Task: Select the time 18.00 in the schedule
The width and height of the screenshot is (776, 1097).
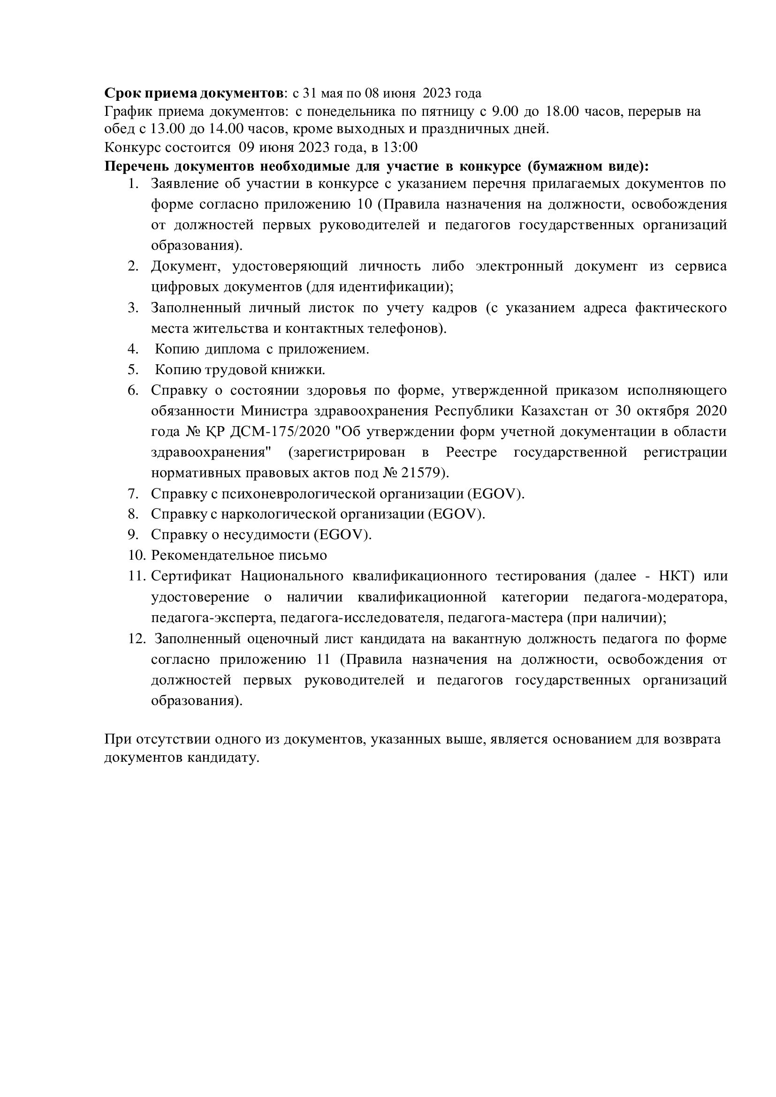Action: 562,111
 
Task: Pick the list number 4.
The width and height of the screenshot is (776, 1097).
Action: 132,349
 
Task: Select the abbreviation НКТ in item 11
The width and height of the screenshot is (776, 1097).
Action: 676,576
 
